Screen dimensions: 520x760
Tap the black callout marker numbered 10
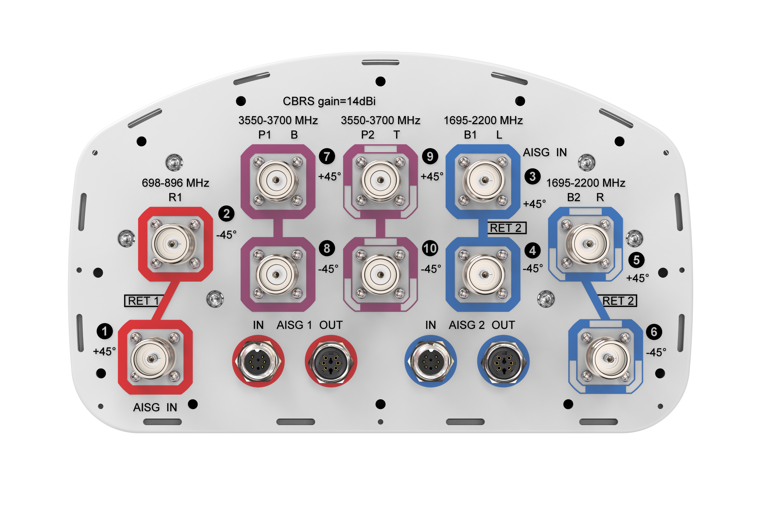click(430, 248)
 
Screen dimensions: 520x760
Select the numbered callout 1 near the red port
click(105, 331)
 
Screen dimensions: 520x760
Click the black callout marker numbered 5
click(636, 260)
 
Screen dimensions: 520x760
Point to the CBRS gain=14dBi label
click(329, 101)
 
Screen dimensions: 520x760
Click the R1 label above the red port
click(175, 197)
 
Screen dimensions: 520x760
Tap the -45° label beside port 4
click(533, 269)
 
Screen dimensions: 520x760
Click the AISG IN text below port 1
click(155, 407)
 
